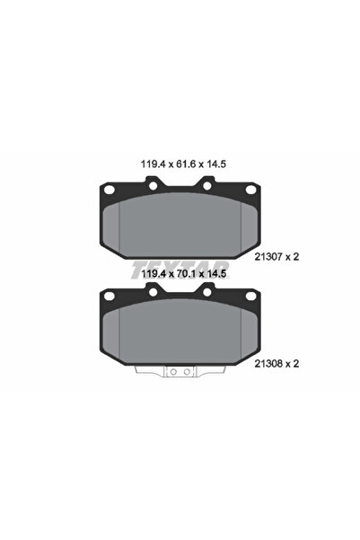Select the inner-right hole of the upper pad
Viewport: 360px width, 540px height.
tap(206, 187)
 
